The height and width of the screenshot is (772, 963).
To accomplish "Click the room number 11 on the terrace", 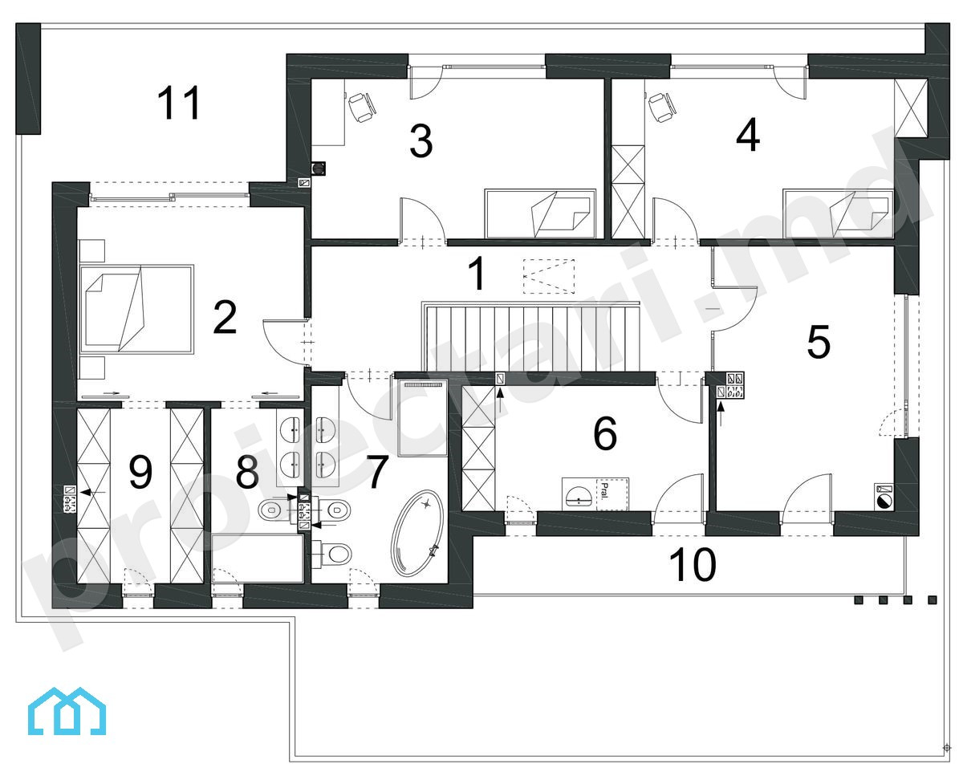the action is click(x=179, y=103).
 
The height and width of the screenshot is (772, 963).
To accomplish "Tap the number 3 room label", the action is click(x=421, y=141).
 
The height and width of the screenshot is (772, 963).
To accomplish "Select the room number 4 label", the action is click(x=748, y=134).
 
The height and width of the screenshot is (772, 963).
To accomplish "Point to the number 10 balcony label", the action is click(x=693, y=565).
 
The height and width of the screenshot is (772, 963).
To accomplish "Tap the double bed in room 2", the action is click(x=136, y=309).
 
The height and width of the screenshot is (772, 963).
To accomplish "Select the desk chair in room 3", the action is click(x=362, y=107).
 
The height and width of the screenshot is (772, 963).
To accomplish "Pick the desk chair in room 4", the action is click(x=662, y=107).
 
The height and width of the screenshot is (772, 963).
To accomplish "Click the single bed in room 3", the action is click(x=541, y=213).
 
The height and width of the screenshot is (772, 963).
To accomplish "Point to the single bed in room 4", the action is click(x=838, y=213).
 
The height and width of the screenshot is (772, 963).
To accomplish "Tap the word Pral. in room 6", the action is click(x=605, y=491).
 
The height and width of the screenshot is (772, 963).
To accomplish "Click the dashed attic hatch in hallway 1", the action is click(x=549, y=276).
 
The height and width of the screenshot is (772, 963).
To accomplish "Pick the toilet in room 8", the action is click(x=271, y=509).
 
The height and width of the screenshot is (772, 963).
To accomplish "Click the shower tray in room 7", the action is click(x=422, y=418).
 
